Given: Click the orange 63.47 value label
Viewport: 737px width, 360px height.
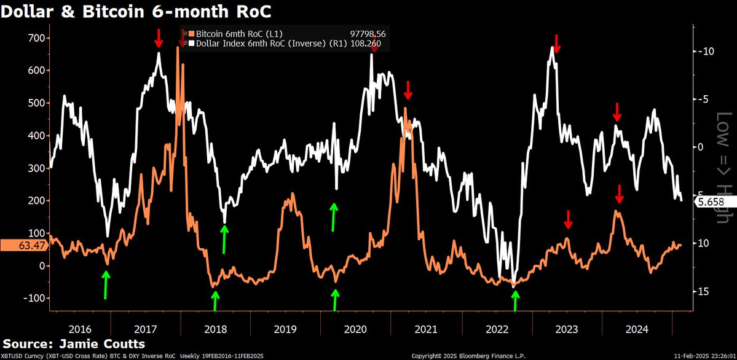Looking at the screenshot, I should (x=21, y=246).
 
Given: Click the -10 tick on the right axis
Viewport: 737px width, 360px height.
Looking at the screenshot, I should (x=706, y=51).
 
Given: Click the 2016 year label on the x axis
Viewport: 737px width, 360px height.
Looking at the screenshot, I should (x=81, y=328).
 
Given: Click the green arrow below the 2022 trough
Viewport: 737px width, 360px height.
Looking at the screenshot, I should (x=515, y=301).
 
